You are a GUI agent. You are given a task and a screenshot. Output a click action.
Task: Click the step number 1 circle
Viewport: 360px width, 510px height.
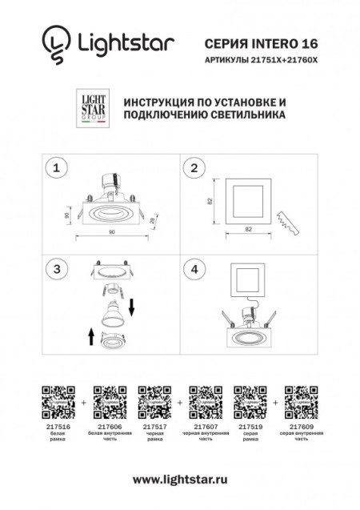click(56, 168)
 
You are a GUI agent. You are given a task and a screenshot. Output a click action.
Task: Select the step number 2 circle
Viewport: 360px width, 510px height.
click(194, 168)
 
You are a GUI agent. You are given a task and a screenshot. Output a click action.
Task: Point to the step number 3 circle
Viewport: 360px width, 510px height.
click(56, 269)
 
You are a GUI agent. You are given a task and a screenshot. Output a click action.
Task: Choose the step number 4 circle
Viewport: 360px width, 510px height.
click(194, 269)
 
